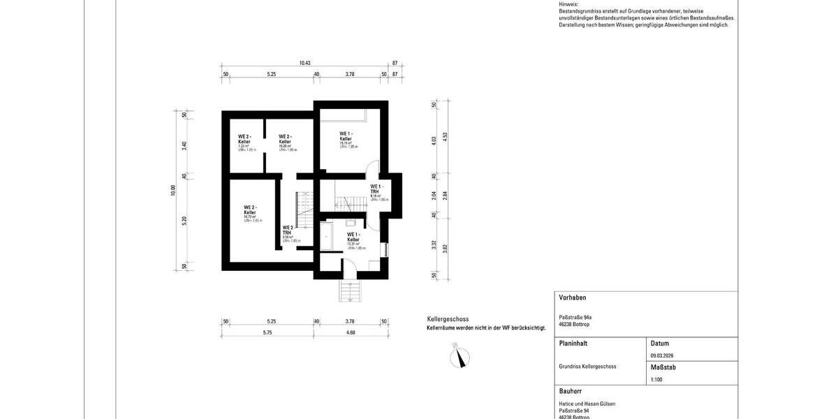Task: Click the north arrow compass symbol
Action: click(x=460, y=357)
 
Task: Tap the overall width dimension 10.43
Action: click(x=304, y=63)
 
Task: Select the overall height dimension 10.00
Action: click(x=173, y=190)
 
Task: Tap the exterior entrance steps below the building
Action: click(x=348, y=290)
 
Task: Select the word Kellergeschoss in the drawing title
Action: click(x=448, y=318)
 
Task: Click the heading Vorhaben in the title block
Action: click(x=573, y=297)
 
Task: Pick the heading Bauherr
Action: click(x=571, y=391)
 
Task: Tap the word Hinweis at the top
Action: click(x=569, y=4)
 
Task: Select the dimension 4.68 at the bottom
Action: click(x=350, y=332)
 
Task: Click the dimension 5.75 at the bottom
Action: click(x=267, y=332)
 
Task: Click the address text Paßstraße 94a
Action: click(x=575, y=317)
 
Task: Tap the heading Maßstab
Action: click(x=663, y=367)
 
